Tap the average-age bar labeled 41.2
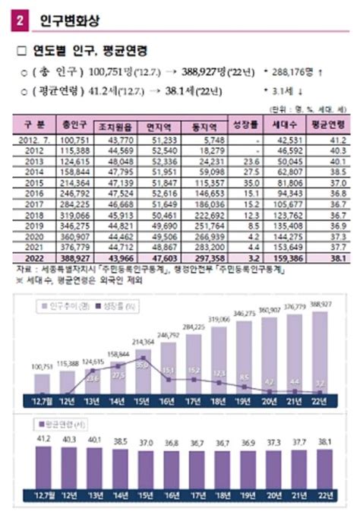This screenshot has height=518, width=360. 43,467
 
